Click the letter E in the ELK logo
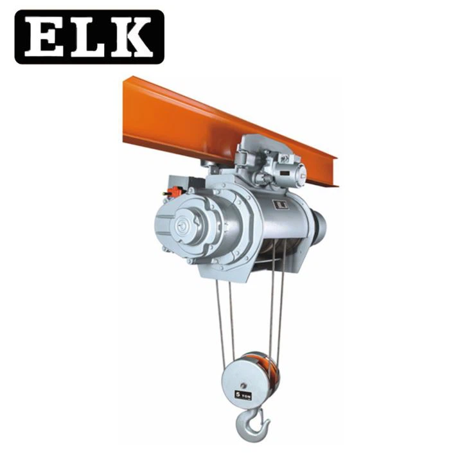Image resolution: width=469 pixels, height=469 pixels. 44,37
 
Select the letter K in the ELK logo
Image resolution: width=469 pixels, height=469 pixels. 132,37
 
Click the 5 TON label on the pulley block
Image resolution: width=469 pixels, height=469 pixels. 243,395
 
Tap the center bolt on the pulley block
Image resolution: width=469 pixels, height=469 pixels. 243,385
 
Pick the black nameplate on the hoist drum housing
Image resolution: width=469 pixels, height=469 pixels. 281,204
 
